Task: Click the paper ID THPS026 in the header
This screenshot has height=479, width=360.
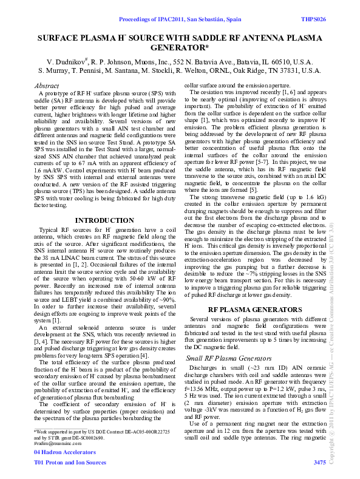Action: pyautogui.click(x=314, y=20)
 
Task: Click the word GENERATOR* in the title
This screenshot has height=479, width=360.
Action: pyautogui.click(x=180, y=47)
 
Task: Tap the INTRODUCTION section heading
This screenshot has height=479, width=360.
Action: pyautogui.click(x=104, y=220)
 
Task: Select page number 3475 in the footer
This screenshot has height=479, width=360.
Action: pyautogui.click(x=319, y=462)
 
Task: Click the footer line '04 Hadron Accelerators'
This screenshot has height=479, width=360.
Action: pyautogui.click(x=63, y=453)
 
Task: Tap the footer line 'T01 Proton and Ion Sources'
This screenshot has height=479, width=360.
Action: pyautogui.click(x=69, y=462)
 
